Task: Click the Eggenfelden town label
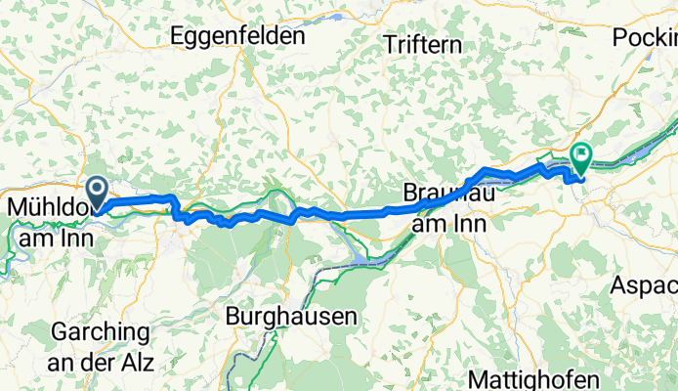click(x=236, y=36)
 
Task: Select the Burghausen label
click(x=291, y=317)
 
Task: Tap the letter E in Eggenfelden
click(x=177, y=36)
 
